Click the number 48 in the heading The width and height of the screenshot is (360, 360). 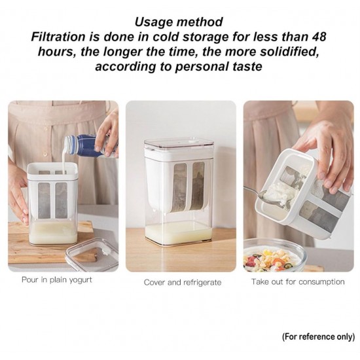tap(319, 37)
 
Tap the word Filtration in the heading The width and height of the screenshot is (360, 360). tap(58, 37)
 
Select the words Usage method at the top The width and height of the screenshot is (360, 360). tap(179, 22)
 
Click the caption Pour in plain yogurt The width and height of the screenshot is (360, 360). tap(57, 280)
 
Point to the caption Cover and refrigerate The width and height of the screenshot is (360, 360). tap(183, 282)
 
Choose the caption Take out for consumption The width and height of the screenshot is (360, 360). tap(298, 281)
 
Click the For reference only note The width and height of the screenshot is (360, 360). tap(318, 336)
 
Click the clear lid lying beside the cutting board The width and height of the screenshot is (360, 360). tap(92, 255)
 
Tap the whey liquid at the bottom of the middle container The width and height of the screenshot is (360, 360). tap(179, 232)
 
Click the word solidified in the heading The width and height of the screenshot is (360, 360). tap(289, 52)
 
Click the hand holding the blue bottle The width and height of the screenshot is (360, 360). tap(107, 135)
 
